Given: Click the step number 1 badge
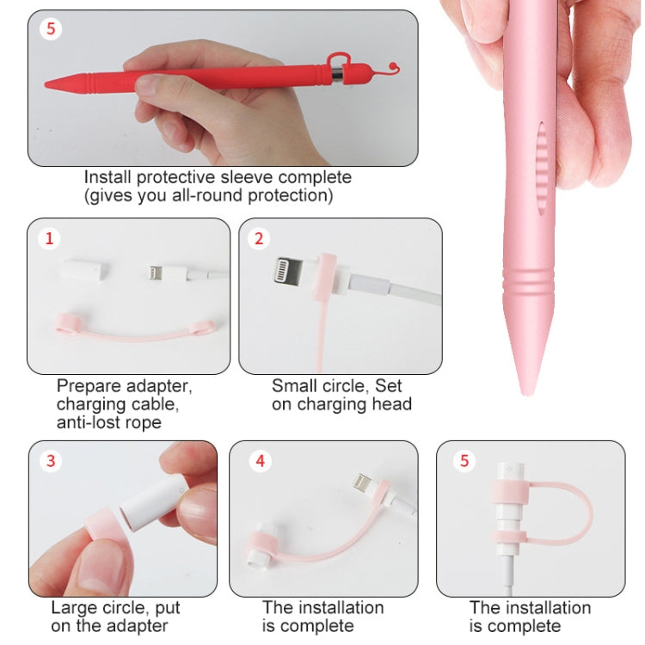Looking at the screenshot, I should pos(49,240).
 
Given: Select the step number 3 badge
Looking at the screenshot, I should pos(51,461).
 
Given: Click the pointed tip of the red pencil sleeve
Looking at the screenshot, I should pos(47,84).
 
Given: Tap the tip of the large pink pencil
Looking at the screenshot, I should pos(525,390).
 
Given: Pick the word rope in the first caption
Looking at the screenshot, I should pos(142,422).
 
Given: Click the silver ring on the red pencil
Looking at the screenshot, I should pos(336,77).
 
